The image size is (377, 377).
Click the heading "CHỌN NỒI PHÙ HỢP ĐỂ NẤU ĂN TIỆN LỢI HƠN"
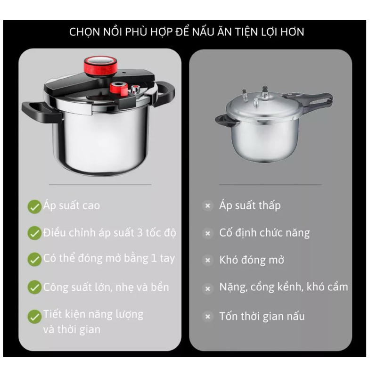click(187, 32)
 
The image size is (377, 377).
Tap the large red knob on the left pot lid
click(100, 65)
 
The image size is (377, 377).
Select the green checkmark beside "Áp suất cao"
click(34, 206)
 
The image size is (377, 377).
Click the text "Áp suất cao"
click(72, 206)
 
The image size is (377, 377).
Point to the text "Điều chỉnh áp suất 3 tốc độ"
click(110, 233)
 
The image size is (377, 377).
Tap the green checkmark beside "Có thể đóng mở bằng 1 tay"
click(34, 259)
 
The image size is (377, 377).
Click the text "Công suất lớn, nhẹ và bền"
click(106, 287)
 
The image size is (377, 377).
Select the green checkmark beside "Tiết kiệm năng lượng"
click(34, 316)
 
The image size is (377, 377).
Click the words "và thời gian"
click(72, 329)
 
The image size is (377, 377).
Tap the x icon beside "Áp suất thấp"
click(208, 206)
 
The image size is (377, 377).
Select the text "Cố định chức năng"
click(264, 233)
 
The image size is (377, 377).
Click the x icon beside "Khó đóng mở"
click(208, 260)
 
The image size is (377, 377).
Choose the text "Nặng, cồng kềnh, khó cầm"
click(284, 287)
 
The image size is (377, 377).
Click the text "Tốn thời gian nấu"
click(262, 316)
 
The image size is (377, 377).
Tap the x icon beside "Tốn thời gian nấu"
click(208, 316)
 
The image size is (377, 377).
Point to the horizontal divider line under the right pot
click(270, 185)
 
